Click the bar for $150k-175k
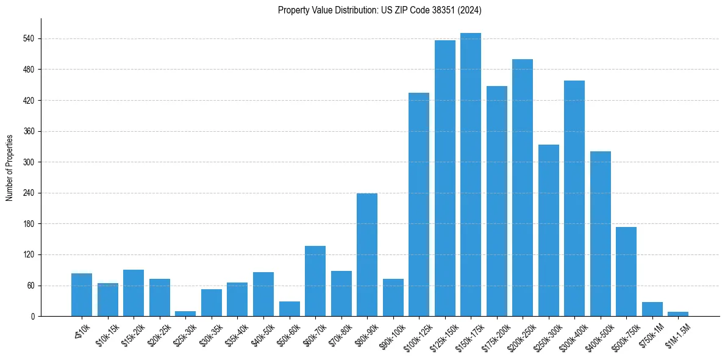coord(471,175)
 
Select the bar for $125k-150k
coord(445,178)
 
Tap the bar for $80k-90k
coord(367,254)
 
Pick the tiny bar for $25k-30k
coord(185,314)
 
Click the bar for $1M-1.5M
coord(678,314)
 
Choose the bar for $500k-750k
coord(626,272)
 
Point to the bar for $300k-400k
coord(574,198)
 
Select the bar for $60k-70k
coord(315,281)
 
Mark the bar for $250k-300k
coord(548,230)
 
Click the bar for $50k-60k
coord(289,309)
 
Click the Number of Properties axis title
coord(9,167)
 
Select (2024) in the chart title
coord(470,10)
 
